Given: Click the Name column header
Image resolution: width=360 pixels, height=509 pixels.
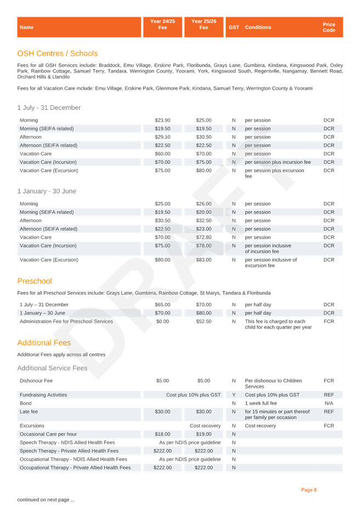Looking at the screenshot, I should point(26,27).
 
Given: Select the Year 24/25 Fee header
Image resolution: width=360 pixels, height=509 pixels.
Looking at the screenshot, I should point(162,24).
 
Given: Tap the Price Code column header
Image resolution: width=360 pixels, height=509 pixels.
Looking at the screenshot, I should point(329,27).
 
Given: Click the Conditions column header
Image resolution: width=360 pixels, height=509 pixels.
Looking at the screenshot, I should point(258,27).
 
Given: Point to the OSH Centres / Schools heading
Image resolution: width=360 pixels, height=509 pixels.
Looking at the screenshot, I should point(58,54).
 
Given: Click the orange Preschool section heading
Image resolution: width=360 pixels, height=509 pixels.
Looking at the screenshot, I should point(35,281).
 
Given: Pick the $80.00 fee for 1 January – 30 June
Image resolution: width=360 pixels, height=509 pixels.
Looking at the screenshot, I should point(204,313).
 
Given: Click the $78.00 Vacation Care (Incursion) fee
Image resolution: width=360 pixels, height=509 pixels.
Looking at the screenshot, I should point(204,246).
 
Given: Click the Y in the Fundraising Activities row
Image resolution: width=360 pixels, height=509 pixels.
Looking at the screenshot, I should point(234,395).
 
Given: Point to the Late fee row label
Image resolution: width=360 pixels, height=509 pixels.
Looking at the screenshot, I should point(29,411).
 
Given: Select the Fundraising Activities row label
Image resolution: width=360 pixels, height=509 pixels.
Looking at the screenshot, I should point(43,395).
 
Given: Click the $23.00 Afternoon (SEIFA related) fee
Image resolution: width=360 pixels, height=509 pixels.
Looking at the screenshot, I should point(204,229).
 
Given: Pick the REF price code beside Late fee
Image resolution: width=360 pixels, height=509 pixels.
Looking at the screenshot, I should point(329,411).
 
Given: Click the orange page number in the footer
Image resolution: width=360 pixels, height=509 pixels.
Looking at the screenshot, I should point(309,490).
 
